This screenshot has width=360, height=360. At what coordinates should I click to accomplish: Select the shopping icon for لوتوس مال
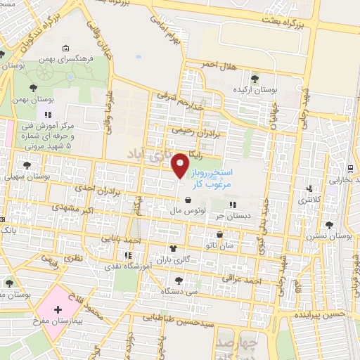[186, 199]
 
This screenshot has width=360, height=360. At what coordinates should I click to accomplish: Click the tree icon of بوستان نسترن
[330, 225]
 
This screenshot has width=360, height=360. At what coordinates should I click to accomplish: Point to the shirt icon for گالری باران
[173, 248]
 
